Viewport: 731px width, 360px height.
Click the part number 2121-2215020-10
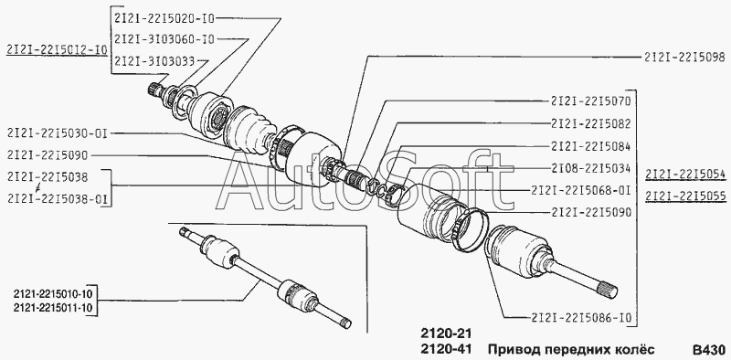pyautogui.click(x=164, y=18)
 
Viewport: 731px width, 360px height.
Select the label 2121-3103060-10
pyautogui.click(x=164, y=39)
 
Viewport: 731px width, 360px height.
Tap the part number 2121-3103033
pyautogui.click(x=154, y=60)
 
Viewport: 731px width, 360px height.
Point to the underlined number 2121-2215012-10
pyautogui.click(x=57, y=50)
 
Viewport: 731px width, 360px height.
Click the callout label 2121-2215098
pyautogui.click(x=685, y=57)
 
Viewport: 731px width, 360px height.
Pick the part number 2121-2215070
pyautogui.click(x=590, y=101)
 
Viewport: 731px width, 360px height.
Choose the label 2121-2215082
pyautogui.click(x=590, y=123)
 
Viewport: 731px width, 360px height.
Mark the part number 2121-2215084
pyautogui.click(x=590, y=146)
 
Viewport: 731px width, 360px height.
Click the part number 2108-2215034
pyautogui.click(x=590, y=168)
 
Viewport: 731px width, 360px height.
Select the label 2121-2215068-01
pyautogui.click(x=581, y=190)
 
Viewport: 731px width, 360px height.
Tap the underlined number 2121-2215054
pyautogui.click(x=685, y=175)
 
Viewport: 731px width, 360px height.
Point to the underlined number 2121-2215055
pyautogui.click(x=685, y=196)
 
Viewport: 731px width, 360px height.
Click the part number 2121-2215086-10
pyautogui.click(x=581, y=318)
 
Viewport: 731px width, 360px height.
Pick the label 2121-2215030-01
pyautogui.click(x=58, y=133)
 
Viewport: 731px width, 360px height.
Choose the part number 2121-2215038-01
pyautogui.click(x=58, y=199)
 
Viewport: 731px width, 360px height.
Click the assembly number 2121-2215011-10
pyautogui.click(x=54, y=307)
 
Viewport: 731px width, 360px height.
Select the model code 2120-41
pyautogui.click(x=446, y=349)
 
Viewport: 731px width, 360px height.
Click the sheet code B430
pyautogui.click(x=709, y=349)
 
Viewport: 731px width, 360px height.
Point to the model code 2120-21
pyautogui.click(x=446, y=334)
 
